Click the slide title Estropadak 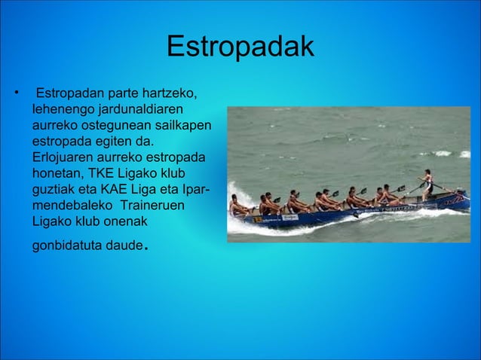pyautogui.click(x=240, y=47)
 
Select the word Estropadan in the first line pyautogui.click(x=70, y=94)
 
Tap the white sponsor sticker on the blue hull pyautogui.click(x=290, y=217)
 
